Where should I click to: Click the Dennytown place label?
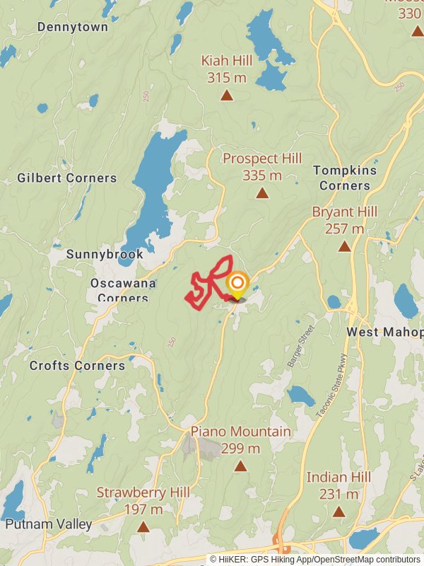coord(73,27)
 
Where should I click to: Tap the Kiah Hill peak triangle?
coord(227,96)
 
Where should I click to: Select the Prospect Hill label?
coord(262,158)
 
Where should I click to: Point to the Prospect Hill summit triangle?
coord(262,193)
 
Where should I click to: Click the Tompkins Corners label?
coord(341,178)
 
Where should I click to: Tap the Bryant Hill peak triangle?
coord(344,247)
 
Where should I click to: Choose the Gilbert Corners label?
coord(67,178)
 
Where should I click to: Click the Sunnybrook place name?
coord(105,254)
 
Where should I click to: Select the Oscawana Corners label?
coord(119,290)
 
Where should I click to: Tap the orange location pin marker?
coord(237,286)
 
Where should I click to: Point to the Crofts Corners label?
coord(77,366)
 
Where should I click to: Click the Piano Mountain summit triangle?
coord(240,466)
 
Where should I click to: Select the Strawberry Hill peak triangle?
coord(143,527)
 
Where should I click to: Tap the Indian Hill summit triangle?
coord(338,512)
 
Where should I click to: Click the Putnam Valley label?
coord(48,524)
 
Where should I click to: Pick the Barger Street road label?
coord(300,346)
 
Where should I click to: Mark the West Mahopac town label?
coord(384,332)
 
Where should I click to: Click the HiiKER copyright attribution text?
coord(315,559)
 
